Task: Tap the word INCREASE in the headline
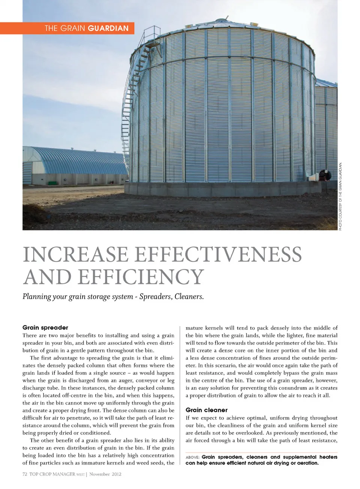coord(75,255)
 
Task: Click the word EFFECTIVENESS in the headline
coord(218,255)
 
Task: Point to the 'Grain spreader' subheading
coord(45,327)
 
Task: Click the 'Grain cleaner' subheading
coord(207,410)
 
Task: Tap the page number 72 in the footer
coord(25,474)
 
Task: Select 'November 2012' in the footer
coord(105,474)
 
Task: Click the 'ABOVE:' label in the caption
coord(192,457)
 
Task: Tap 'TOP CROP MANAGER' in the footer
coord(52,474)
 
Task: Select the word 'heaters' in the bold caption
coord(328,457)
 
